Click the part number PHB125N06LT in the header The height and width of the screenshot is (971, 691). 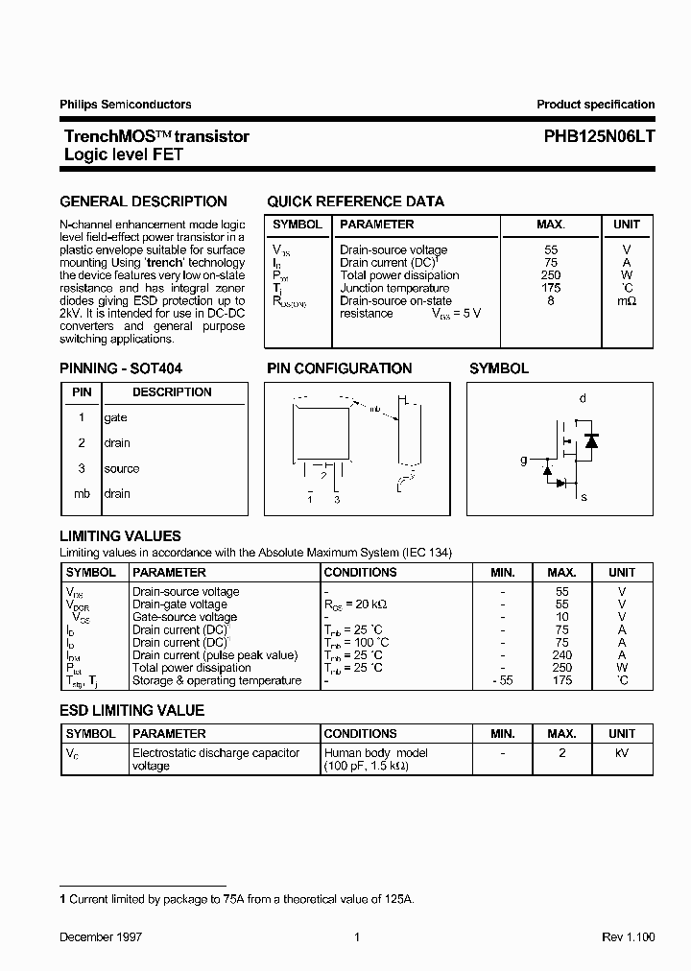point(592,136)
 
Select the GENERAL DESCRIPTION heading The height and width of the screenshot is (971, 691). point(143,201)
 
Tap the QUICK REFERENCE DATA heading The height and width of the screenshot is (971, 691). point(355,201)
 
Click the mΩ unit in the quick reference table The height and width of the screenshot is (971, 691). point(626,301)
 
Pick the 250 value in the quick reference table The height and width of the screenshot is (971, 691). point(550,275)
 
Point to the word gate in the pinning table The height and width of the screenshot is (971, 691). point(116,418)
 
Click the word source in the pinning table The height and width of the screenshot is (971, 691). point(122,469)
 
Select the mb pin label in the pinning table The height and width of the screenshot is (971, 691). point(82,494)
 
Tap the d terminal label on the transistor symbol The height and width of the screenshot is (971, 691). point(583,398)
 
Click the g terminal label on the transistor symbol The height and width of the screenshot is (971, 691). point(524,461)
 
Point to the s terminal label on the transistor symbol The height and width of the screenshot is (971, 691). point(584,497)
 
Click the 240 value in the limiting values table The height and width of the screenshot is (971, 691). point(562,655)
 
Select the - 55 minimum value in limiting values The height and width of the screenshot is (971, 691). point(503,680)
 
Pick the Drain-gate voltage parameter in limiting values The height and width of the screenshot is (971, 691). point(179,604)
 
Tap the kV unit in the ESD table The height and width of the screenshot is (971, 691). point(622,753)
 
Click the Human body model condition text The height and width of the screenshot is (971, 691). point(376,753)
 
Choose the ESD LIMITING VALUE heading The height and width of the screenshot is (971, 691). point(132,711)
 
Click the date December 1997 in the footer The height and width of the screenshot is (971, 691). point(101,936)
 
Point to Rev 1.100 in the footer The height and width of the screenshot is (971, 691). point(628,936)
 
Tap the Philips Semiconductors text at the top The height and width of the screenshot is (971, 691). point(126,105)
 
